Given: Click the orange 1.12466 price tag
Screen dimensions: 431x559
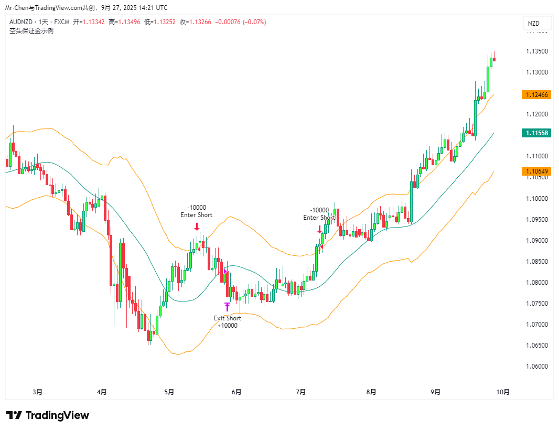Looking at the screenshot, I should (x=535, y=95).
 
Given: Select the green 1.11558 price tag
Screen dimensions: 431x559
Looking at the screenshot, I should (x=535, y=133).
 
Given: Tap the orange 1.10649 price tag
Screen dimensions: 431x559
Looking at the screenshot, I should (x=535, y=171).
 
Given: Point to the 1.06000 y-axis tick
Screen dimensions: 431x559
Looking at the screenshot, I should (x=537, y=367).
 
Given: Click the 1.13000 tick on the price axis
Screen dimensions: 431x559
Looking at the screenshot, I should (x=537, y=72).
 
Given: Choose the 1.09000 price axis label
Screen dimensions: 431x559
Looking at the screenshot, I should (x=537, y=241).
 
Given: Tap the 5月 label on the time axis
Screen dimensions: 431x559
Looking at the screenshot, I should (x=169, y=392).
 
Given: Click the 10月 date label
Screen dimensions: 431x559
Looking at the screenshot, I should (x=502, y=392).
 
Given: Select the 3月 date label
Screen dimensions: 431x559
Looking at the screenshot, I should (x=37, y=392).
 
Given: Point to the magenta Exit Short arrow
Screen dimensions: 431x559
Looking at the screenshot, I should (x=227, y=307).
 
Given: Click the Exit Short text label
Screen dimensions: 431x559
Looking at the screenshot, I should (x=228, y=318).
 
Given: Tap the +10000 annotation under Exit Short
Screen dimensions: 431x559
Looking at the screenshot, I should (x=228, y=326).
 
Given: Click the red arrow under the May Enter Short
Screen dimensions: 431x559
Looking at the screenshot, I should (x=197, y=227).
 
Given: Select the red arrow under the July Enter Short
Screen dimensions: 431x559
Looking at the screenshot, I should (x=319, y=229).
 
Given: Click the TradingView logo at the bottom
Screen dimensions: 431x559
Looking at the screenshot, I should (x=48, y=415).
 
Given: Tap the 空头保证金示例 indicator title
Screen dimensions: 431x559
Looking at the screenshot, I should (x=31, y=30).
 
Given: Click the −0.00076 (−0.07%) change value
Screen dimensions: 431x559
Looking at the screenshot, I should (x=241, y=22).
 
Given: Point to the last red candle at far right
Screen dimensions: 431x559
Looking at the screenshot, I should (x=494, y=59).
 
